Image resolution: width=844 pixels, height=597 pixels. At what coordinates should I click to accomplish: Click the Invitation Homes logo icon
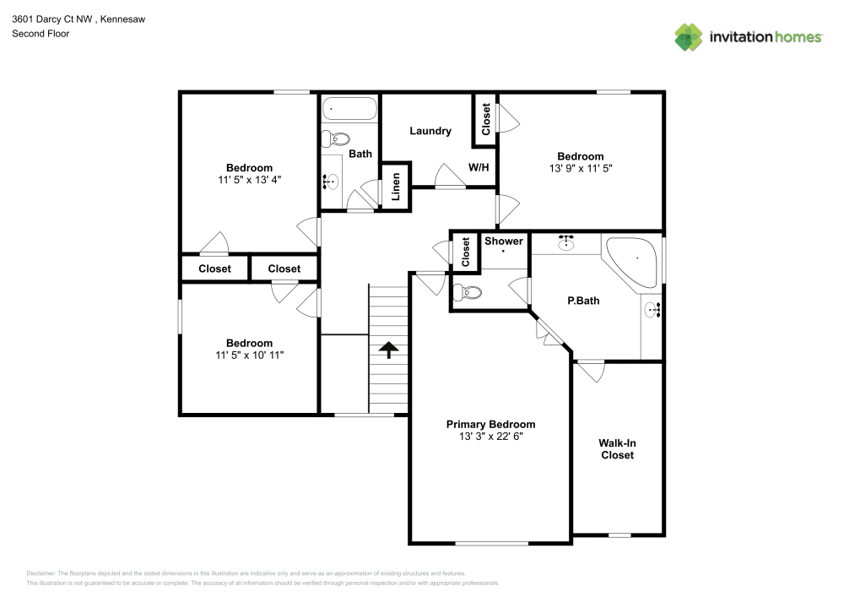coord(689,36)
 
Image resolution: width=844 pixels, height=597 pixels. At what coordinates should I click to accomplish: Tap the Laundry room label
coord(430,131)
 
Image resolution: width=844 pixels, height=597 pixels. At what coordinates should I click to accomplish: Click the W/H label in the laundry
coord(479,167)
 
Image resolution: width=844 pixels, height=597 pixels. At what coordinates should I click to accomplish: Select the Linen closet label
coord(395,187)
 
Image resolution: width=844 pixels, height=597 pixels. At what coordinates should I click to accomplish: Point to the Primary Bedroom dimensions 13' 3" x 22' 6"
coord(490,437)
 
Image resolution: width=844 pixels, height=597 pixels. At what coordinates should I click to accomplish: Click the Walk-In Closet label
coord(617,448)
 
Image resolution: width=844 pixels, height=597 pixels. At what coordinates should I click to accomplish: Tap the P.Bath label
coord(583,300)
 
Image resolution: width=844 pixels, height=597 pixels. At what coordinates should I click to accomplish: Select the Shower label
coord(503,242)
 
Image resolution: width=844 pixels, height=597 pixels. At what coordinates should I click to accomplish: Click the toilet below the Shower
coord(467,293)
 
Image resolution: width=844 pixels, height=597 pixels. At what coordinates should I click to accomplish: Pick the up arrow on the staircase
coord(388,349)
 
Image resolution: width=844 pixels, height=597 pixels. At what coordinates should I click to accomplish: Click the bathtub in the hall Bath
coord(350,109)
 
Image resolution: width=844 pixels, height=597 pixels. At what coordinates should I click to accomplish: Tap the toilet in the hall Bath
coord(338,138)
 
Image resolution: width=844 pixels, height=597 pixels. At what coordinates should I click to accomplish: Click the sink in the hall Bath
coord(332,180)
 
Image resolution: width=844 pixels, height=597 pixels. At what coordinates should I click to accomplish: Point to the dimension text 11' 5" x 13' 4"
coord(249,179)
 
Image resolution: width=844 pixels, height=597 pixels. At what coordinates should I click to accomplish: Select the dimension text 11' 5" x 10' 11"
coord(249,355)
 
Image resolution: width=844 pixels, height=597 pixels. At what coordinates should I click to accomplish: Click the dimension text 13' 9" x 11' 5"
coord(580,168)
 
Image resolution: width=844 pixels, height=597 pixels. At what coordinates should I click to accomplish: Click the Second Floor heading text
coord(41,34)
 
